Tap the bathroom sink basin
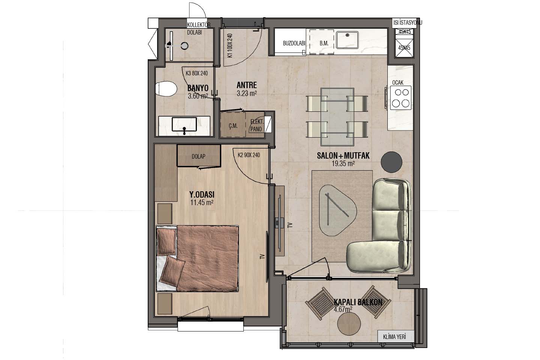coord(184,124)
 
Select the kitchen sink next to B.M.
coord(347,40)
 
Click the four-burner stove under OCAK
coord(400,98)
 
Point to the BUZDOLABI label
coord(294,43)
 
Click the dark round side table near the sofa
coord(391,162)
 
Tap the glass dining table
coord(337,117)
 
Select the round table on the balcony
coord(349,324)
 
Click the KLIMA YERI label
coord(394,337)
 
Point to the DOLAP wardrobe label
coord(198,156)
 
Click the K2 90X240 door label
coord(249,155)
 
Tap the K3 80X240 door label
coord(196,73)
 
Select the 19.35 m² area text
coord(343,164)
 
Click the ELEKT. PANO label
coord(257,125)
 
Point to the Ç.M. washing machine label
coord(233,126)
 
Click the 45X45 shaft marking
coord(404,48)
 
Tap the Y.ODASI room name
coord(202,194)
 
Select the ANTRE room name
coord(247,85)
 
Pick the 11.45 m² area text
coord(202,202)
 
